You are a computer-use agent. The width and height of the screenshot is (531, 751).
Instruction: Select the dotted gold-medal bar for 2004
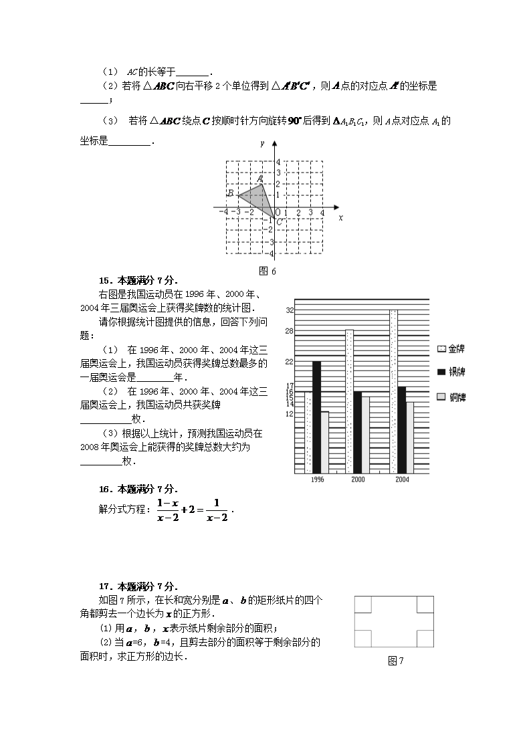(x=393, y=391)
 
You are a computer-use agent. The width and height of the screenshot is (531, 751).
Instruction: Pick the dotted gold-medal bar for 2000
(x=349, y=401)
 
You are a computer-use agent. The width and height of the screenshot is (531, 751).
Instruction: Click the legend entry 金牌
(x=451, y=349)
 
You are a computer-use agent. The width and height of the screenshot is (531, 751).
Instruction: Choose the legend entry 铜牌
(x=451, y=397)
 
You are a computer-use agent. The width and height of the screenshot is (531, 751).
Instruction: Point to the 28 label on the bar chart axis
(x=289, y=331)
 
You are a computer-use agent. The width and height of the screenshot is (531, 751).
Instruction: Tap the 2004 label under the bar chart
(x=402, y=479)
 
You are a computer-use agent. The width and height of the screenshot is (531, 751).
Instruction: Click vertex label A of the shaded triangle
(x=260, y=178)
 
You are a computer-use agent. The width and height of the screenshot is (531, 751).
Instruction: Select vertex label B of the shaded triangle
(x=231, y=193)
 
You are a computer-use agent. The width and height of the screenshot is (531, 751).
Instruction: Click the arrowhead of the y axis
(x=275, y=144)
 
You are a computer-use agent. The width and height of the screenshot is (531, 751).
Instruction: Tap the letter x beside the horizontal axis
(x=340, y=218)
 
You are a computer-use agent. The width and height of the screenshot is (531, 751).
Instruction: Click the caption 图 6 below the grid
(x=268, y=271)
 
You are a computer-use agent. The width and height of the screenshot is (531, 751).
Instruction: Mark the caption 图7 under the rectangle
(x=396, y=661)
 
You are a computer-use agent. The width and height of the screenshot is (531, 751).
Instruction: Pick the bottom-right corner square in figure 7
(x=425, y=639)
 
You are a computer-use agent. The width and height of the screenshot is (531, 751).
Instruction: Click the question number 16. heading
(x=104, y=489)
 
